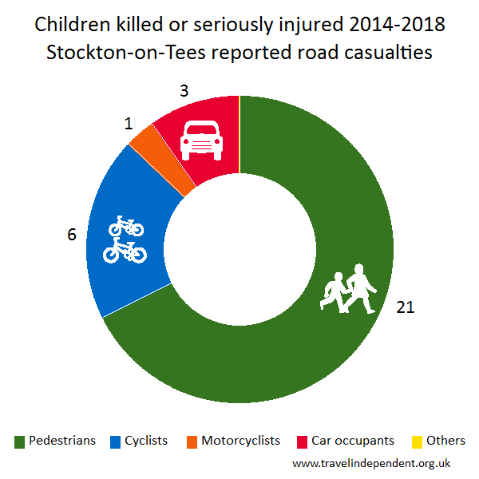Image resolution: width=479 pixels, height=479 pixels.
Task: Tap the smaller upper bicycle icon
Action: [126, 227]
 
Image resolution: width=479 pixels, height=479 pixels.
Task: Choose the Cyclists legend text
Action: [146, 441]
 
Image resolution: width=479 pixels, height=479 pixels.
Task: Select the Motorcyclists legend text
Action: [240, 441]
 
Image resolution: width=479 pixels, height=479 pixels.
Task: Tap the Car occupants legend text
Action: [354, 441]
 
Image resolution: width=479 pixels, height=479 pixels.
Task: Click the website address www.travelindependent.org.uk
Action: [372, 462]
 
